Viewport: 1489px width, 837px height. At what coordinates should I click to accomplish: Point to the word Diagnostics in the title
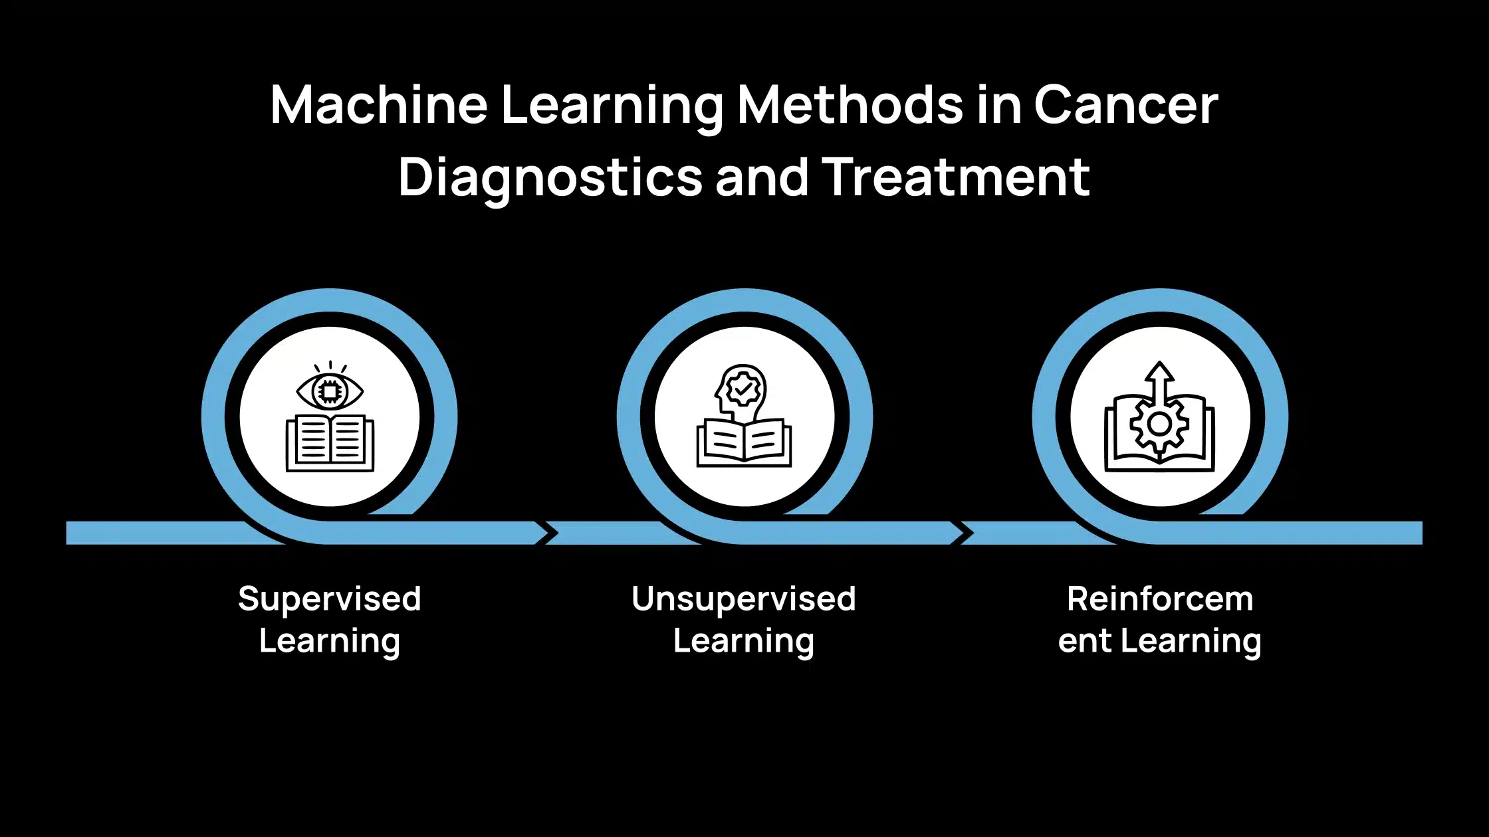point(550,178)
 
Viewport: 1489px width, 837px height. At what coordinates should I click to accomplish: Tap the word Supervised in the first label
point(330,599)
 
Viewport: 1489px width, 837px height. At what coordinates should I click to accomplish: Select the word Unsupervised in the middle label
point(744,599)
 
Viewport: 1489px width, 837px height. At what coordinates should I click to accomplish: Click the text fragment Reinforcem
point(1160,599)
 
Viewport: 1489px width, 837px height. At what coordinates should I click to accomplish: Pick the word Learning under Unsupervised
point(744,642)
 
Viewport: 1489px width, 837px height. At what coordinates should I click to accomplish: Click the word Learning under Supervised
point(330,642)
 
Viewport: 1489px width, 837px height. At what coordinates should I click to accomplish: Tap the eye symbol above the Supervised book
point(330,391)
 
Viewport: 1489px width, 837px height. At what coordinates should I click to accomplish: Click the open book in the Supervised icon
point(330,444)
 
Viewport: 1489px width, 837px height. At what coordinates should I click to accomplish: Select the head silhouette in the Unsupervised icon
point(741,392)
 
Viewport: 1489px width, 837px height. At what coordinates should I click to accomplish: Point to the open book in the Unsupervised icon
point(744,444)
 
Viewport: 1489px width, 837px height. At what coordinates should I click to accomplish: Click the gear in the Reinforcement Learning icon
point(1159,424)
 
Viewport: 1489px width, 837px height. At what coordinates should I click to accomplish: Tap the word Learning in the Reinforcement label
point(1191,642)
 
